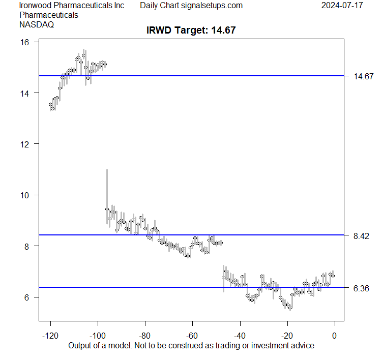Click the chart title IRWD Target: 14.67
pos(191,31)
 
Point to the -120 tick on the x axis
pos(50,335)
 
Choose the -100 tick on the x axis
pos(98,335)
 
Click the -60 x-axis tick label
pos(192,335)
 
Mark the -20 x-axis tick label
pos(287,335)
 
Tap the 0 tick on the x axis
pos(334,335)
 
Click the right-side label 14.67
pos(364,76)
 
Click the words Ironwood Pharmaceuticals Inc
pos(72,6)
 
